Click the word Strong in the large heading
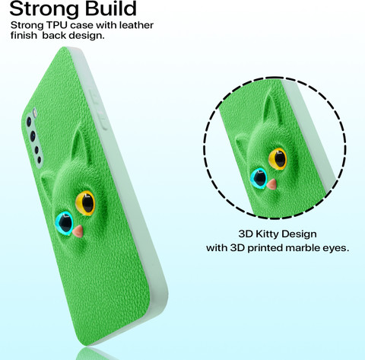point(44,9)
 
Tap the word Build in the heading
point(110,8)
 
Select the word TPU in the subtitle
point(57,25)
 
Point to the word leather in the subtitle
point(136,25)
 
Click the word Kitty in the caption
point(267,234)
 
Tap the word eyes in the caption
point(335,249)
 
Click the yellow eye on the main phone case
point(85,203)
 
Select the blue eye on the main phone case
point(64,222)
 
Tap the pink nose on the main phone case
point(78,231)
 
